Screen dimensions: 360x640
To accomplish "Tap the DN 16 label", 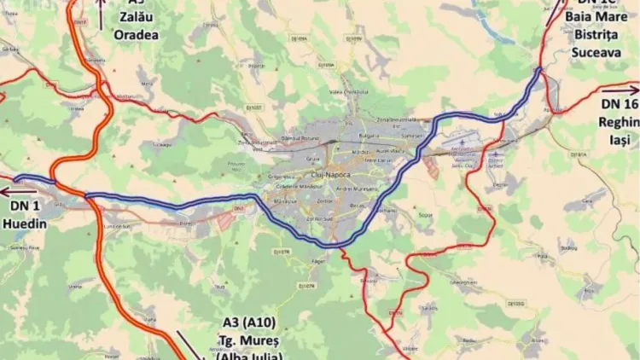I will tap(619, 103).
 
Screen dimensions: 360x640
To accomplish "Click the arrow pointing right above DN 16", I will tap(621, 87).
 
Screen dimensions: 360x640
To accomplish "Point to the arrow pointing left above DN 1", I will tap(17, 189).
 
